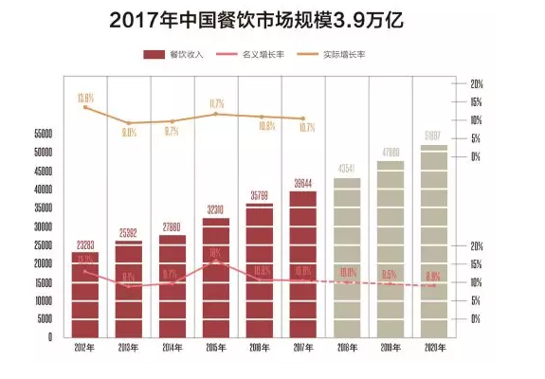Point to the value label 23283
[85, 245]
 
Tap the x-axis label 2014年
[173, 349]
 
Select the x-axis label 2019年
[391, 349]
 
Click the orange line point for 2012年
[85, 107]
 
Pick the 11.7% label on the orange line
[216, 102]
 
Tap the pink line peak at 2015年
[216, 262]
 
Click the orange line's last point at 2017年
[303, 118]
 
